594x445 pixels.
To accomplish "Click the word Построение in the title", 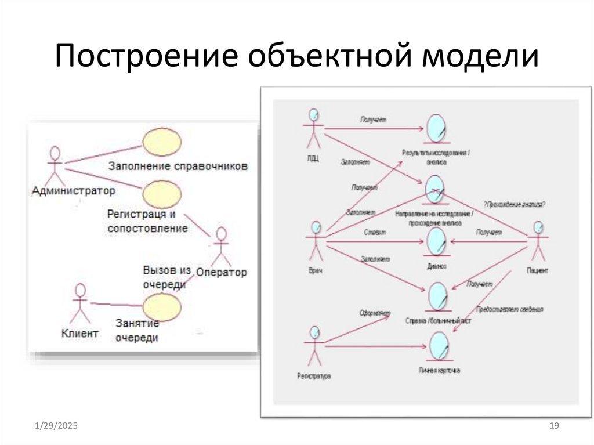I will click(x=147, y=58).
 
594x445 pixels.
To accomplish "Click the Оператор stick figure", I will click(x=220, y=247).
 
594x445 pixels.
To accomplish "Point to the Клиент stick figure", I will click(x=80, y=303).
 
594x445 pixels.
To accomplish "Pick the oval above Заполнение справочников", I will click(x=162, y=142).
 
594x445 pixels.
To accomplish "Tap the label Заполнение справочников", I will click(x=178, y=166).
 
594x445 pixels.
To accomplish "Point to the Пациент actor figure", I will click(x=538, y=241).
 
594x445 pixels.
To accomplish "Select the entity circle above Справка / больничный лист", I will click(x=437, y=296).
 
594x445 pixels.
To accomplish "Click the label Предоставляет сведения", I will click(x=509, y=310).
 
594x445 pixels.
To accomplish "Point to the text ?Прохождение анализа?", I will click(x=514, y=204).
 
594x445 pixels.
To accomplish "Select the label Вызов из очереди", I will click(x=167, y=277).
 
